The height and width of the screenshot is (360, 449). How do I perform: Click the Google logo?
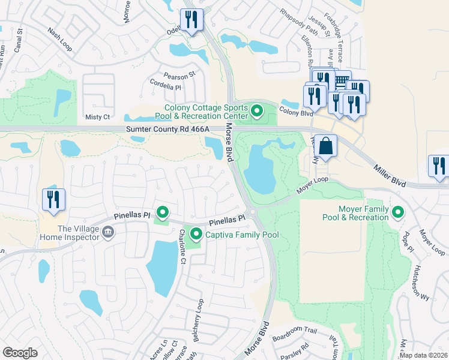[20, 353]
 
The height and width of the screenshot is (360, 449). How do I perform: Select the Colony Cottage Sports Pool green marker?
[258, 110]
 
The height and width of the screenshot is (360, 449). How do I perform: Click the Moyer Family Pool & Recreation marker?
[397, 212]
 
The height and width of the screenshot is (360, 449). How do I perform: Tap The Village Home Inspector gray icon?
[108, 232]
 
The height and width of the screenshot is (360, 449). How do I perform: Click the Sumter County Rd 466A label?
[167, 129]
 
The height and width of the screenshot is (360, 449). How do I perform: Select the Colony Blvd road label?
[297, 112]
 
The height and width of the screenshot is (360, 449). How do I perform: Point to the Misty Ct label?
[98, 117]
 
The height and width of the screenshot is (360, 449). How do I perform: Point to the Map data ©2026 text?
[423, 355]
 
